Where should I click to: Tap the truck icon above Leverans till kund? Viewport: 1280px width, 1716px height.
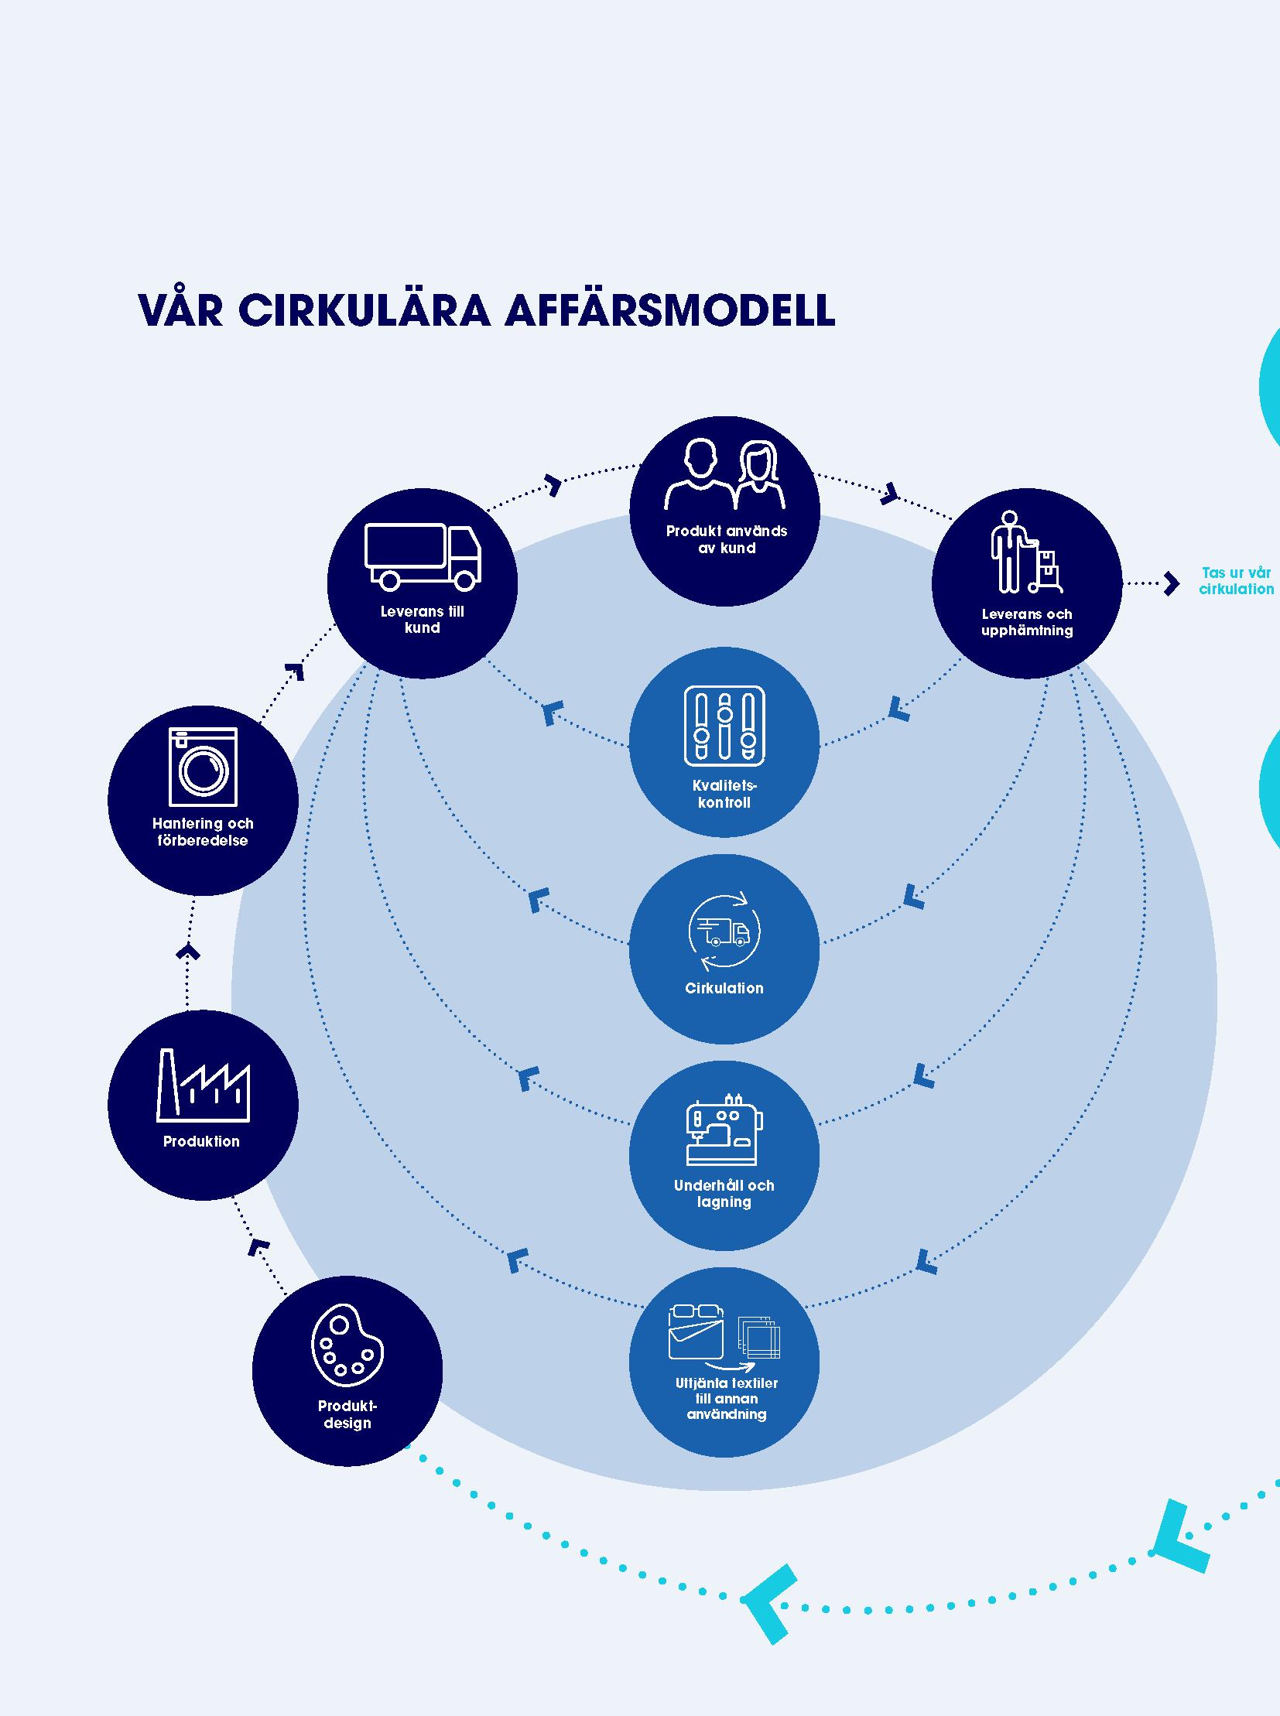click(x=423, y=555)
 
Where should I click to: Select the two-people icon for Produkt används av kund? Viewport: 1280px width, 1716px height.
click(x=724, y=474)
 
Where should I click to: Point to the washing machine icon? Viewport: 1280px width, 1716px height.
click(x=203, y=766)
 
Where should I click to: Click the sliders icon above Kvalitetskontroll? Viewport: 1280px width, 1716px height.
click(x=724, y=725)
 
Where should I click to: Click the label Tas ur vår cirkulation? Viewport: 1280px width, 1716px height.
click(x=1236, y=581)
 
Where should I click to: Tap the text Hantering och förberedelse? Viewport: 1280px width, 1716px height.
click(x=203, y=832)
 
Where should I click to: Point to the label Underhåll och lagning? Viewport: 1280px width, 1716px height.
click(x=724, y=1193)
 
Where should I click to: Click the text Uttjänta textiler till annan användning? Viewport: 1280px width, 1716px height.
click(x=726, y=1398)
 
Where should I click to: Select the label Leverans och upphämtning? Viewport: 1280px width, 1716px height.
click(x=1027, y=622)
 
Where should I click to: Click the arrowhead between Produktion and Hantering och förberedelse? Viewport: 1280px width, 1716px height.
click(x=187, y=952)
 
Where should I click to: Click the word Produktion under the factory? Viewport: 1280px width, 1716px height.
click(x=201, y=1141)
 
